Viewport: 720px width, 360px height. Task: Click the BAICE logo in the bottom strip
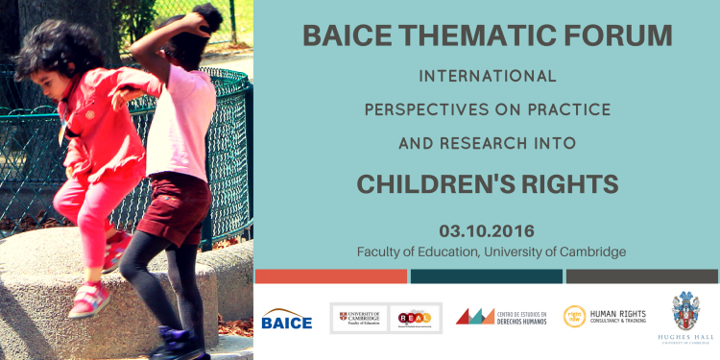pyautogui.click(x=286, y=321)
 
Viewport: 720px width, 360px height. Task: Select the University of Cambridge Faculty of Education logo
pyautogui.click(x=359, y=318)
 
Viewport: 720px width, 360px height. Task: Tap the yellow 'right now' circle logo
pyautogui.click(x=574, y=317)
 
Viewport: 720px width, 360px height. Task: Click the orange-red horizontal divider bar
pyautogui.click(x=330, y=276)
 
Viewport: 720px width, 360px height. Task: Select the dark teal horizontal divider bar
pyautogui.click(x=486, y=276)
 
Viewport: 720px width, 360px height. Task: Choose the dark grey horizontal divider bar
pyautogui.click(x=641, y=276)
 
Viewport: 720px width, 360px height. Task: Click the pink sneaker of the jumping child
pyautogui.click(x=87, y=300)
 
